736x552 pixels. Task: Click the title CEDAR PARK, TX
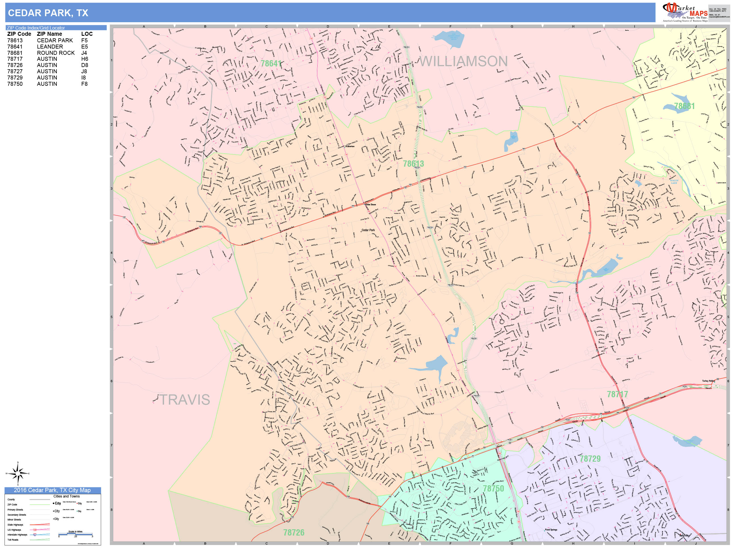48,13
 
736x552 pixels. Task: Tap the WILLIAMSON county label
463,61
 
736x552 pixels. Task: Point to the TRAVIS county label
185,400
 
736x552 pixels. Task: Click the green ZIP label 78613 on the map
413,164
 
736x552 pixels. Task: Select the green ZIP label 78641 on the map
271,63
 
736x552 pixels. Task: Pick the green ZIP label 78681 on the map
684,106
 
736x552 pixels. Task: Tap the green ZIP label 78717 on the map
617,394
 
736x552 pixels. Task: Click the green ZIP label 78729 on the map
590,459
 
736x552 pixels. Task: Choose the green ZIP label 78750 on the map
493,488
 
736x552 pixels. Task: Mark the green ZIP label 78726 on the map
294,533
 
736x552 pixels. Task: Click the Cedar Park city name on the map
368,230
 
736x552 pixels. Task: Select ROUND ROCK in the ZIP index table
56,53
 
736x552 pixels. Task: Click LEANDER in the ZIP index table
50,47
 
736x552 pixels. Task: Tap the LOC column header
87,34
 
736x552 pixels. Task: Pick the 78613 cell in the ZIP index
15,40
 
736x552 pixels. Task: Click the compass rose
18,473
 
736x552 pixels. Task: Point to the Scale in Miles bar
75,534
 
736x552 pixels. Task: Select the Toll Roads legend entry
13,540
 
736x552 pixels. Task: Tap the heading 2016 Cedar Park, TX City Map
52,490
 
